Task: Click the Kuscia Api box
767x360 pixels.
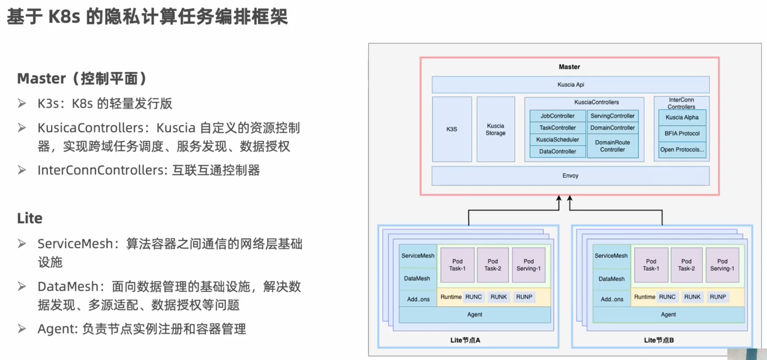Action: [x=570, y=85]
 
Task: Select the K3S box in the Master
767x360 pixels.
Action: [x=452, y=129]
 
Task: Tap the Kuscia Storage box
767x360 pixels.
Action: [x=495, y=129]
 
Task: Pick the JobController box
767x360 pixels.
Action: [x=557, y=116]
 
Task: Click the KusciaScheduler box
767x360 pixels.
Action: [x=557, y=139]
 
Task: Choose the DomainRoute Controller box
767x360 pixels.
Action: [x=612, y=146]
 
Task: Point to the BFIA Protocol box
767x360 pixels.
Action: [x=682, y=134]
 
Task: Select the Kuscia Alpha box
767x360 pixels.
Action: [x=682, y=117]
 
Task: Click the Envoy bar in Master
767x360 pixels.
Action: [x=570, y=176]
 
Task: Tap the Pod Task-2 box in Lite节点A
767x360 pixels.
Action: [x=493, y=265]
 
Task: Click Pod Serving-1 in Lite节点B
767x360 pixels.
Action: [x=722, y=265]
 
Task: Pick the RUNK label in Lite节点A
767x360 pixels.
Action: [x=498, y=297]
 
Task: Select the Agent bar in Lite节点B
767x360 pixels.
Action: [x=668, y=315]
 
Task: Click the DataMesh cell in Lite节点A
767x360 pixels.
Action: [x=417, y=279]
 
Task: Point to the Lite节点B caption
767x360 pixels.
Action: [x=658, y=340]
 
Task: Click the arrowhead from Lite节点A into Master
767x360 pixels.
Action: [x=559, y=199]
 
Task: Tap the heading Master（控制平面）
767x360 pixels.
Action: [x=82, y=78]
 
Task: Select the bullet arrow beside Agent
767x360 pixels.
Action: [x=22, y=329]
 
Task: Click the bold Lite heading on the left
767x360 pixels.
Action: [x=30, y=218]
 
